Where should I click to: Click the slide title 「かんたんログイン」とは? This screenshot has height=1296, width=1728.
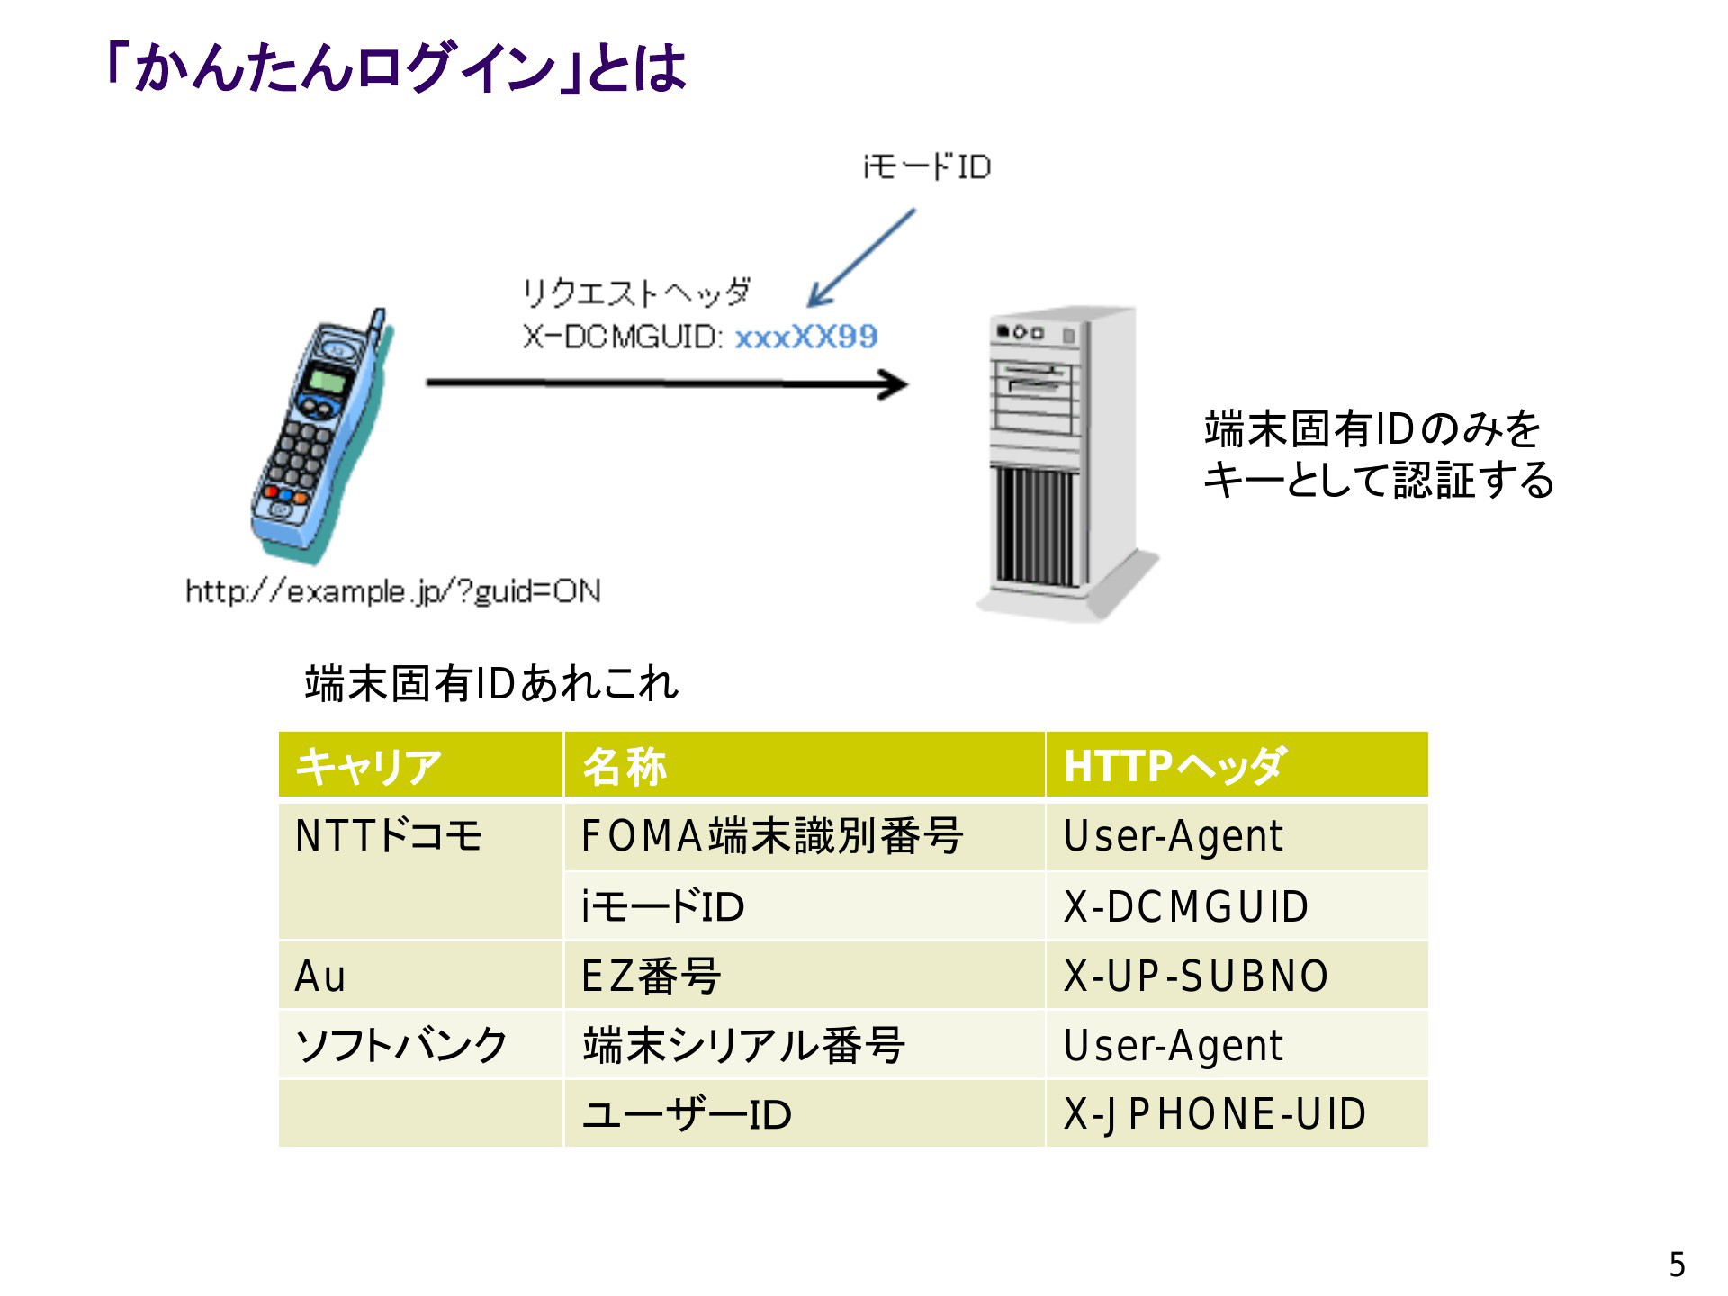pos(396,68)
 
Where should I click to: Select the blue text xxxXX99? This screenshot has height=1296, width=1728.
pos(806,337)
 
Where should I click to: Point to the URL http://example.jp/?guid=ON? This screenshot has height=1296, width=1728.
pos(393,591)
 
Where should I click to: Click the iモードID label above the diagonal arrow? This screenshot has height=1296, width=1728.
pos(927,166)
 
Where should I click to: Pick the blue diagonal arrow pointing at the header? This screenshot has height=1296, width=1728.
pos(861,259)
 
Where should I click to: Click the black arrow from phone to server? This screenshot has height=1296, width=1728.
pos(667,384)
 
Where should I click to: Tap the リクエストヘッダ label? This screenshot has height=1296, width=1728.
pos(635,292)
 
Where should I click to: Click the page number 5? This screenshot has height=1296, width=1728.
pos(1677,1264)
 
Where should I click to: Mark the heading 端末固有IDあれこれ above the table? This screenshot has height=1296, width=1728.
pos(491,683)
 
